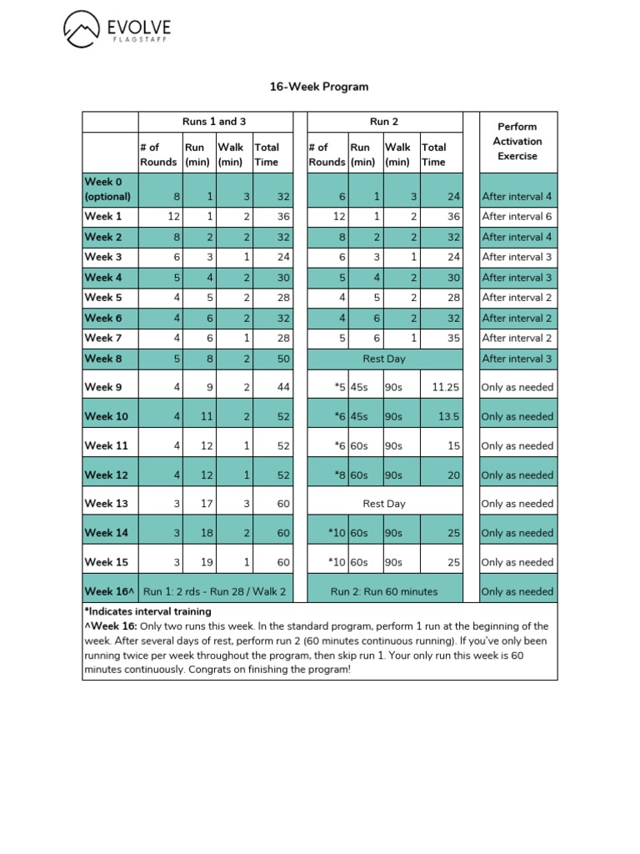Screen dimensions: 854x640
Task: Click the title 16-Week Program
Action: [x=318, y=87]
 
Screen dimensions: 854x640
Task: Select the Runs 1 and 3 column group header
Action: [x=214, y=122]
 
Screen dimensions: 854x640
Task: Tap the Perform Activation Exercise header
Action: [x=517, y=141]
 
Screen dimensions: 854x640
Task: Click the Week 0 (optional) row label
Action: [x=108, y=189]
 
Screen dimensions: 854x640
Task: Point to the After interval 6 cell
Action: [x=517, y=217]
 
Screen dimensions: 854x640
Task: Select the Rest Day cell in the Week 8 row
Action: [x=384, y=359]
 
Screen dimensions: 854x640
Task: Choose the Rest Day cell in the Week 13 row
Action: [x=384, y=504]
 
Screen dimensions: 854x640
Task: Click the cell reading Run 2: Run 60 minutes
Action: [x=384, y=591]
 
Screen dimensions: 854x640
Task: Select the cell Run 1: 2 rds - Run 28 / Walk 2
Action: [x=214, y=591]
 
